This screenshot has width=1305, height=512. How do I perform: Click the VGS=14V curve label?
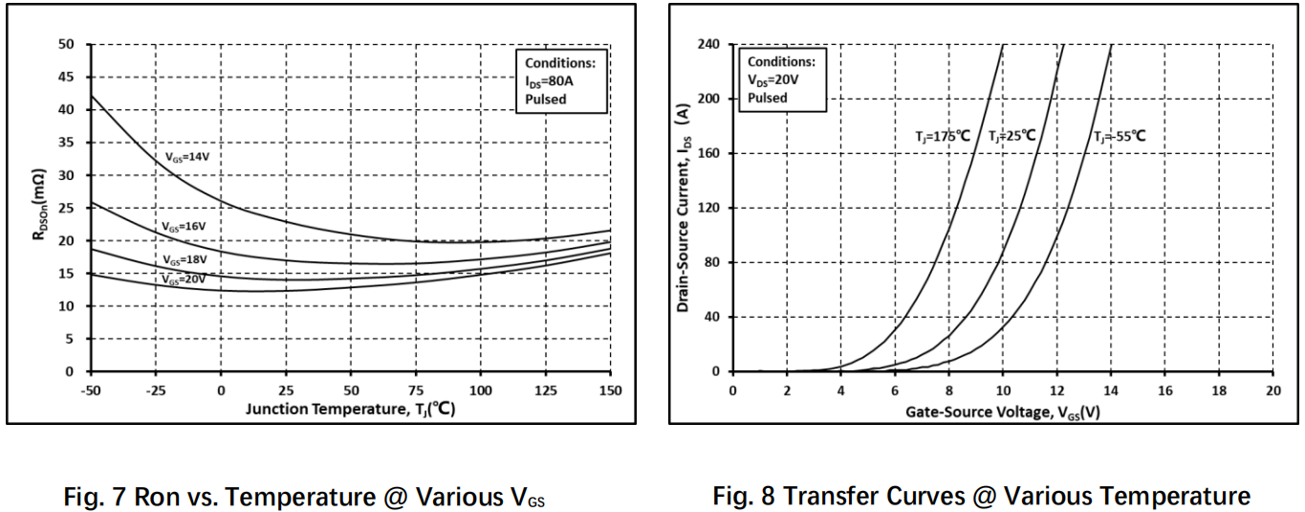[x=186, y=157]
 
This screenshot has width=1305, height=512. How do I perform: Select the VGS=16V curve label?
[x=184, y=226]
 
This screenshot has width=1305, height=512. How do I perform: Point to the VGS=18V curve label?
[x=185, y=259]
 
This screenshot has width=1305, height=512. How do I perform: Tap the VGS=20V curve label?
[x=184, y=279]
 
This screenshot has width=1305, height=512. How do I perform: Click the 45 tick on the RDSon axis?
[x=66, y=77]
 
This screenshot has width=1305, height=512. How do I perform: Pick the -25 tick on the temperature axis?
[x=156, y=390]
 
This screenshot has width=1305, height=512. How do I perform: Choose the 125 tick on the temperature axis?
[x=546, y=390]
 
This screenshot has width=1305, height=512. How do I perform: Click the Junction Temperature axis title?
[x=350, y=410]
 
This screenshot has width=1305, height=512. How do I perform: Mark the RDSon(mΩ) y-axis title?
[x=39, y=205]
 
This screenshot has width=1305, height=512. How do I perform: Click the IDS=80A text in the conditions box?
[x=549, y=81]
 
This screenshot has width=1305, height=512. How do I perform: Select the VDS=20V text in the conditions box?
[x=773, y=79]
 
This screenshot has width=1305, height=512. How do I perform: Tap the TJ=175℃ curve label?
[x=943, y=137]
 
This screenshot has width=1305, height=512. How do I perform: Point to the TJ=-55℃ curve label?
[x=1120, y=137]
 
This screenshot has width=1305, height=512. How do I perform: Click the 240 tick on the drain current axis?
[x=708, y=44]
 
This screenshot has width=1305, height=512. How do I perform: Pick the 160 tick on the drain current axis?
[x=708, y=153]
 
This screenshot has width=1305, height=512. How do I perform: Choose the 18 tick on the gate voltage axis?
[x=1219, y=390]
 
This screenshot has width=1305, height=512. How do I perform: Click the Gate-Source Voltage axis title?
[x=1003, y=412]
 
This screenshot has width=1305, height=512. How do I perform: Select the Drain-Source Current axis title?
[x=684, y=209]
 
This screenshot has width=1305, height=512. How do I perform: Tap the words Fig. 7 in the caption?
[x=96, y=497]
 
